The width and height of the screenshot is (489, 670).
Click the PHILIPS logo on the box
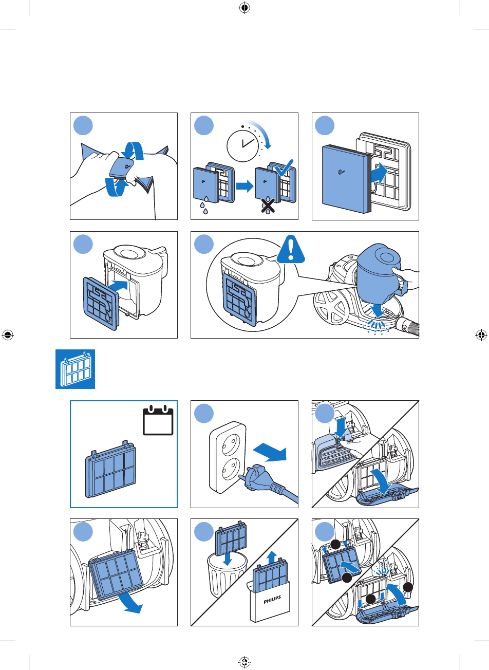coord(272,600)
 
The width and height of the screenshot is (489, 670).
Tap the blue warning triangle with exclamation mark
coord(291,249)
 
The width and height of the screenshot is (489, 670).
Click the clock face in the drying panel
coord(242,146)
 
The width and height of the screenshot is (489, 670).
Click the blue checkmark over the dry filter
coord(284,168)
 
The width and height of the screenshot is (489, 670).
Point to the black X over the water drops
coord(268,205)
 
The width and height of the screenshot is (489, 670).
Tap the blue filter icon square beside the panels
coord(75,369)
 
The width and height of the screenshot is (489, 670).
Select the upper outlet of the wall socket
coord(231,443)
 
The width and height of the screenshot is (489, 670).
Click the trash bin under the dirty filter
coord(227,574)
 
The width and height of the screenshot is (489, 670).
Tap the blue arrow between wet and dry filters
coord(244,187)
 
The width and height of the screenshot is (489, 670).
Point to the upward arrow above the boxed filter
coord(272,557)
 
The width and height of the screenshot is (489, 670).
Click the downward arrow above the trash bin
coord(228,559)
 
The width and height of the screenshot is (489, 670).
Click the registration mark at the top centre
coord(244,8)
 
